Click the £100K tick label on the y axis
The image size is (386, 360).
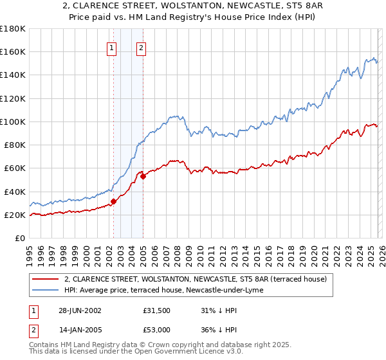click(13, 122)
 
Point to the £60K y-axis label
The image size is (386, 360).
click(15, 168)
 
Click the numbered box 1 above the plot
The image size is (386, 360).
click(112, 47)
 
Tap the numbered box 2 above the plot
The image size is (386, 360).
click(140, 47)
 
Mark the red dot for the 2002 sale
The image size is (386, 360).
click(114, 201)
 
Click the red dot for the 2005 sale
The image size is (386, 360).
click(143, 177)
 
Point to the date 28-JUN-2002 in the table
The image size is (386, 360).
click(80, 310)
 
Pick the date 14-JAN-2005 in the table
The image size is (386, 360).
click(80, 330)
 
